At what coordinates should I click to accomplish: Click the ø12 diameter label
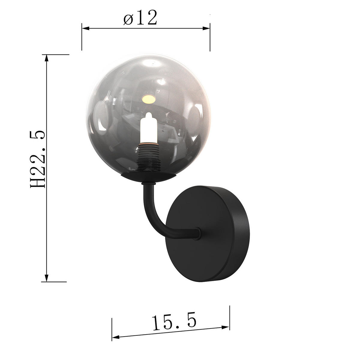(140, 18)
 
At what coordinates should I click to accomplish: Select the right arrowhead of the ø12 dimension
(206, 28)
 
